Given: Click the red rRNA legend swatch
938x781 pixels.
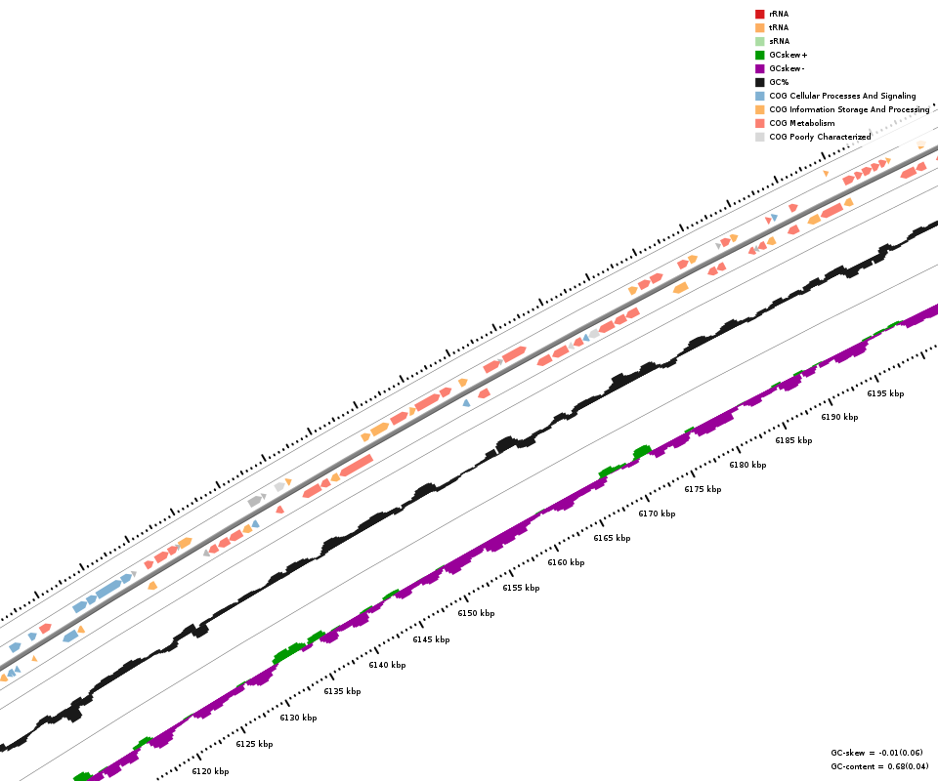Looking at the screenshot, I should (759, 14).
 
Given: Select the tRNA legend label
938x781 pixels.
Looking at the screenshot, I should (779, 27).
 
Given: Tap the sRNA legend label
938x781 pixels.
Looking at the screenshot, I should (779, 41).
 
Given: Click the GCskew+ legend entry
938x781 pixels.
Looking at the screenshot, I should (788, 55).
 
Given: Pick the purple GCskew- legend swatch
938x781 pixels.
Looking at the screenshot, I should (759, 68).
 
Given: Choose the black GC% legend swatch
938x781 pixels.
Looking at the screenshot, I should (759, 82).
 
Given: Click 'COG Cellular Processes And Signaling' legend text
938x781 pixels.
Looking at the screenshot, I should (842, 96).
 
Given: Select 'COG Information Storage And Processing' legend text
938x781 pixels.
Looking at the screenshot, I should (849, 109).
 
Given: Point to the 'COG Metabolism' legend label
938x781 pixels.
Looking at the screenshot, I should (801, 123).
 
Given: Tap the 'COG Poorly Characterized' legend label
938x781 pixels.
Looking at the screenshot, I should (820, 137).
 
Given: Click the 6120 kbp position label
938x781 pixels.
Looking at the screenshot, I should (210, 771).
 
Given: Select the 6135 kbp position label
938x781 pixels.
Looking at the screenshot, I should (342, 691).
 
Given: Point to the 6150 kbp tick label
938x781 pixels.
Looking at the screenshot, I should (476, 613).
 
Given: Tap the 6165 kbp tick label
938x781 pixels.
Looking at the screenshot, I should (612, 538).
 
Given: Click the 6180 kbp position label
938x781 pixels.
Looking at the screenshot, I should (747, 465).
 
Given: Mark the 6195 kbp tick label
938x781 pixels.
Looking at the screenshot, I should (885, 393).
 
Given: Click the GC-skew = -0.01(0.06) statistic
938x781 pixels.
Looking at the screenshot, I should (876, 753).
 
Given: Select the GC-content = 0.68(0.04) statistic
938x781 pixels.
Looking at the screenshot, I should (879, 766).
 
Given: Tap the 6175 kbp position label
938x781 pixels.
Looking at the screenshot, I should (703, 489).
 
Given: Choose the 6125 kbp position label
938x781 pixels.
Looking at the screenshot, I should (254, 744).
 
